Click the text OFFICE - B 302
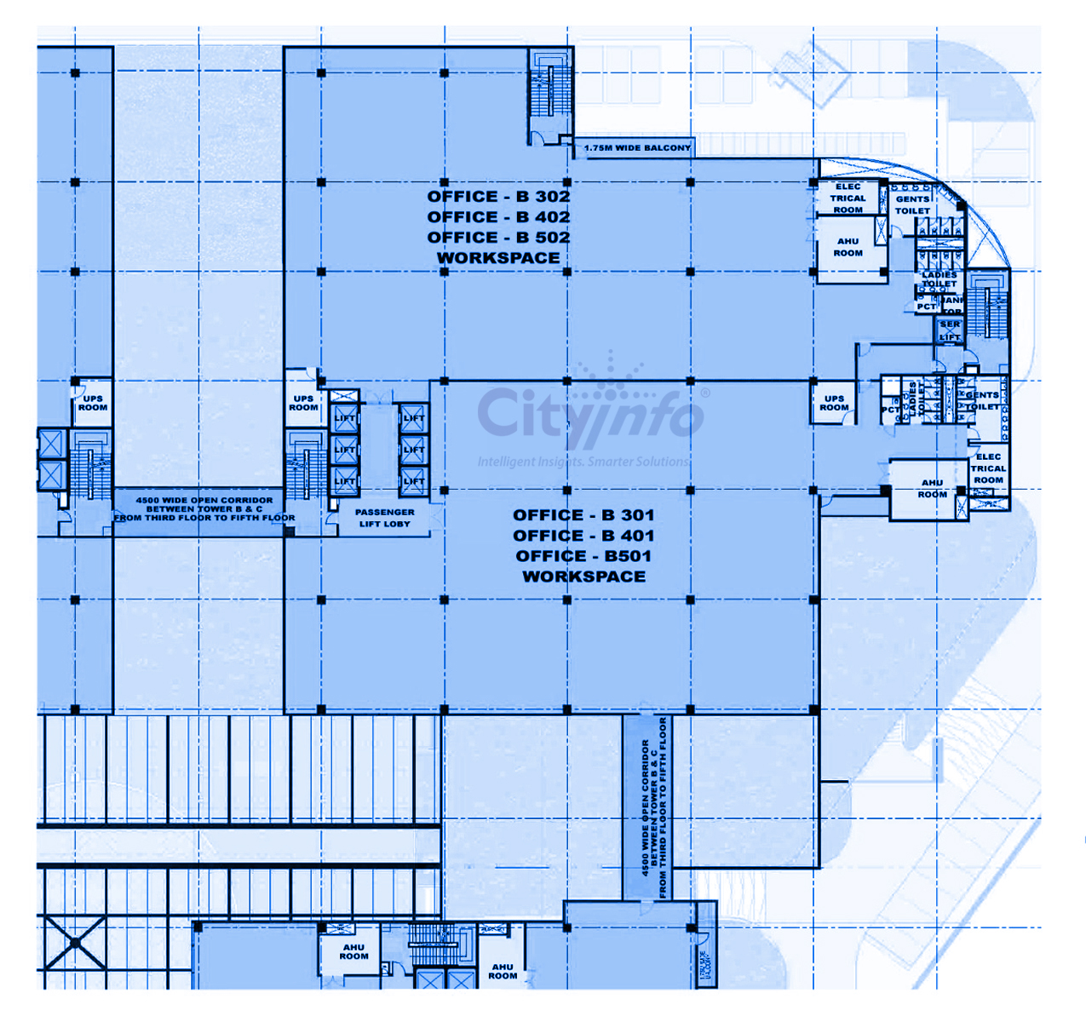point(498,197)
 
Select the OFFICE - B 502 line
point(498,238)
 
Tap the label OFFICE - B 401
point(583,536)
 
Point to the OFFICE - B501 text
point(583,556)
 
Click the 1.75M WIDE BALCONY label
point(637,148)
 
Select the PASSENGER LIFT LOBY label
point(385,518)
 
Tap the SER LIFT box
point(950,330)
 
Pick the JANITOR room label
point(952,305)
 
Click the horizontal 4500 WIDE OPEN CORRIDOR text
point(204,508)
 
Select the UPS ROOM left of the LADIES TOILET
point(834,403)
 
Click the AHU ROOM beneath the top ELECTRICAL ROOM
point(848,247)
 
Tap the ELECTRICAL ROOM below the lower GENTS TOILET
point(988,468)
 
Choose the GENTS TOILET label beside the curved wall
point(912,204)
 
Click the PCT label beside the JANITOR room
point(926,307)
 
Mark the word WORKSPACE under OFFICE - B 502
point(498,258)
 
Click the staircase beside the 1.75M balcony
point(550,95)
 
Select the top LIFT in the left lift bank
point(345,418)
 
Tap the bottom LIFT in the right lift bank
point(414,481)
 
